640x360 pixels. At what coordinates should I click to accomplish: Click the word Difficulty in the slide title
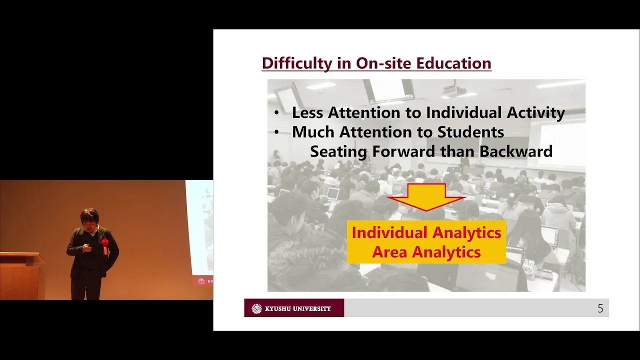point(297,63)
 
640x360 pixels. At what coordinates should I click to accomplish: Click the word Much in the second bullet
point(313,132)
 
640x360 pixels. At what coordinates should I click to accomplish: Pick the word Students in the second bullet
point(471,132)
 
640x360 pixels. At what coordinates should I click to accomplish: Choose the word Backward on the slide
point(515,151)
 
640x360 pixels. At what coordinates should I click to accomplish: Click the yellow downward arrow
point(426,197)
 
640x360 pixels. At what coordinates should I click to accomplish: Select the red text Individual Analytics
point(426,232)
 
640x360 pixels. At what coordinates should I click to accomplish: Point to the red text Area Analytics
point(426,252)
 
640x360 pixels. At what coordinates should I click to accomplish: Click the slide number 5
point(600,308)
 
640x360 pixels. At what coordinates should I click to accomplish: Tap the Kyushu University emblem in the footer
point(256,308)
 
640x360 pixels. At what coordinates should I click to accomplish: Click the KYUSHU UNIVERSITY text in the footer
point(297,308)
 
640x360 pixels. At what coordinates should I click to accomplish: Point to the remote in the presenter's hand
point(88,247)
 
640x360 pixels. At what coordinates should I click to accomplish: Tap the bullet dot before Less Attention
point(276,113)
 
